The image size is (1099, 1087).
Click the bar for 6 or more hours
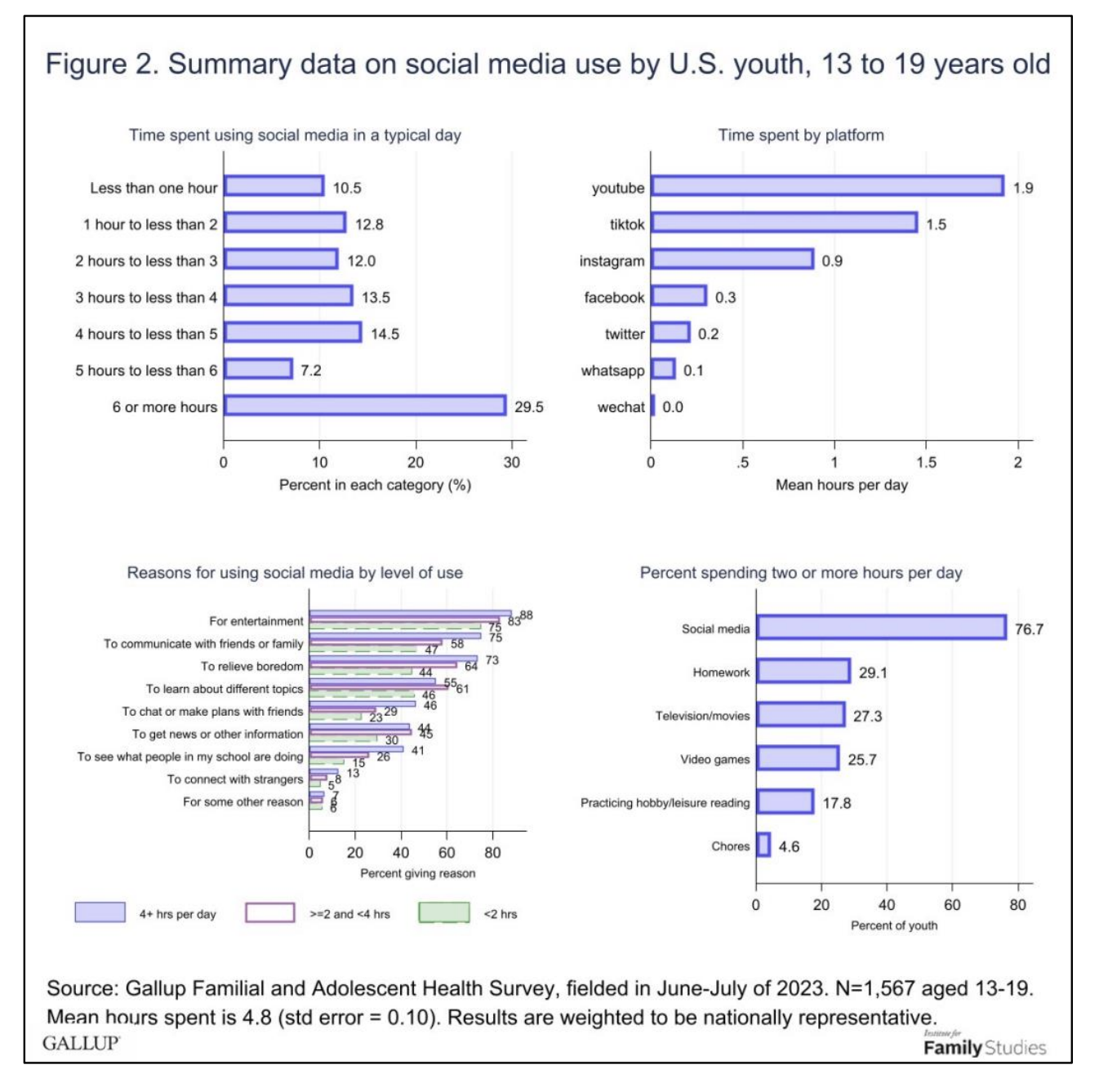tap(365, 406)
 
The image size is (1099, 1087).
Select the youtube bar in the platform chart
tap(827, 186)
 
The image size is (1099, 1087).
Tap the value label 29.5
tap(528, 407)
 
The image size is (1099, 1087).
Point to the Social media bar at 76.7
tap(881, 628)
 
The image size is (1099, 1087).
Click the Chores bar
tap(763, 845)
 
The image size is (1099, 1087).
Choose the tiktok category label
tap(626, 224)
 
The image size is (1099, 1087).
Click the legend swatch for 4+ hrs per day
tap(100, 912)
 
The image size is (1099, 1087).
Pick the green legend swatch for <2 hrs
tap(444, 912)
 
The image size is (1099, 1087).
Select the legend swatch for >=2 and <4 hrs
tap(270, 912)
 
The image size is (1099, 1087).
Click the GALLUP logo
tap(81, 1043)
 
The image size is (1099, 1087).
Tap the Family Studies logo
tap(984, 1046)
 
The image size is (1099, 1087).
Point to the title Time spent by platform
tap(800, 135)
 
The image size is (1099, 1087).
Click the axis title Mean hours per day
tap(841, 485)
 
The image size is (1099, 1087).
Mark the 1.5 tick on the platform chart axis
tap(926, 462)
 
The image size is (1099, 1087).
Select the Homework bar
tap(803, 671)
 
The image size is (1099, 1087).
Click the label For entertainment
tap(256, 621)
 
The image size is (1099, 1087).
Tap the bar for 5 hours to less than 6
tap(258, 369)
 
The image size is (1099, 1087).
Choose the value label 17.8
tap(836, 803)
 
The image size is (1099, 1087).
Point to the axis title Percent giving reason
tap(417, 873)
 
